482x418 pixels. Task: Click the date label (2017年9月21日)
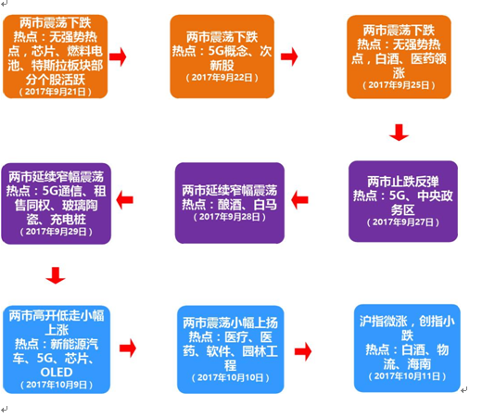point(56,92)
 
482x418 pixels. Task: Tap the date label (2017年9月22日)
point(222,77)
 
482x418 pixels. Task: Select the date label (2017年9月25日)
point(399,85)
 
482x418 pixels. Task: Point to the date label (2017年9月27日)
point(403,222)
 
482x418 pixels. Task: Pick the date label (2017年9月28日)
point(230,217)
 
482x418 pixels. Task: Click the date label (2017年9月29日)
point(56,232)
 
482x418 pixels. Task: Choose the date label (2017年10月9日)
point(57,385)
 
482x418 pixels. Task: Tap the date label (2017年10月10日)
point(231,377)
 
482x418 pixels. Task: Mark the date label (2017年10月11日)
point(407,376)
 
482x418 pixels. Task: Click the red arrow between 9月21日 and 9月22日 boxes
point(118,57)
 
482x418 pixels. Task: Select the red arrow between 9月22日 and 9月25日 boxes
point(289,57)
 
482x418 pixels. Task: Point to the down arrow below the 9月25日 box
point(399,133)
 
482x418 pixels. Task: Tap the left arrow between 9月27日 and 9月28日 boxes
point(299,200)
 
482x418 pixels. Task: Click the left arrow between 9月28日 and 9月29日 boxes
point(124,200)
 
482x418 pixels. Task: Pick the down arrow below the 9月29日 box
point(56,275)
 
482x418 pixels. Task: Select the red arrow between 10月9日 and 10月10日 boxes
point(128,348)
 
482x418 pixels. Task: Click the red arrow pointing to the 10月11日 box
point(303,351)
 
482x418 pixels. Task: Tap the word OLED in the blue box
point(57,373)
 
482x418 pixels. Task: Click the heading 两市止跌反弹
point(403,182)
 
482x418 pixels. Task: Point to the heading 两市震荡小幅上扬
point(231,323)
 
